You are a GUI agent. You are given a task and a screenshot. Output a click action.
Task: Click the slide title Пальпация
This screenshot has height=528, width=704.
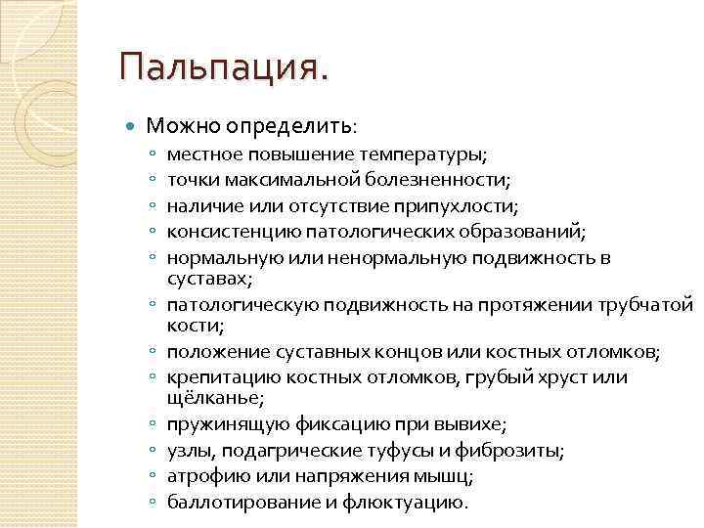[x=224, y=68]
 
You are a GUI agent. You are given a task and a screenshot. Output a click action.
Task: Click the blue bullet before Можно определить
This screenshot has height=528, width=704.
[x=133, y=126]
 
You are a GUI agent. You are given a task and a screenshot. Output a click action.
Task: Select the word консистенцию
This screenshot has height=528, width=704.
[x=222, y=231]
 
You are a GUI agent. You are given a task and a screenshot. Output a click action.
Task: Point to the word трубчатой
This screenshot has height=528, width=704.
[x=645, y=304]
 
